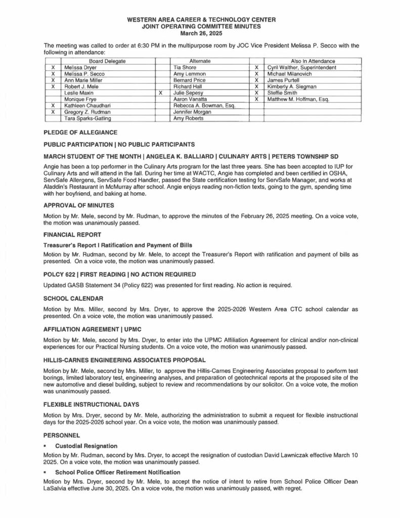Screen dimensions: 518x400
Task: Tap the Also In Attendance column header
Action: click(310, 61)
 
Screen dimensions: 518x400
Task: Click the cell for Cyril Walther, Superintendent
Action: click(301, 67)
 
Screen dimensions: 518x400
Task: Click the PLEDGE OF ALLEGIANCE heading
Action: click(80, 133)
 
